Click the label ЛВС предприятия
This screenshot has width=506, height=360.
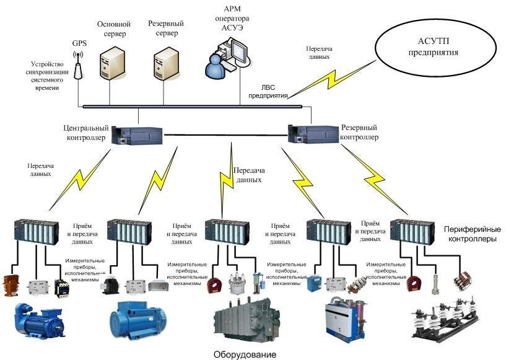pos(268,92)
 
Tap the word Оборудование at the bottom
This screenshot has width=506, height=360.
pos(245,354)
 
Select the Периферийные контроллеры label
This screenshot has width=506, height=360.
pos(471,234)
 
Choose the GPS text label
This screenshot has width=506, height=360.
pos(79,43)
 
